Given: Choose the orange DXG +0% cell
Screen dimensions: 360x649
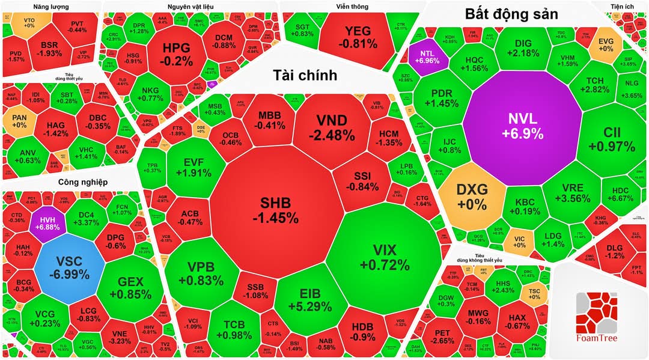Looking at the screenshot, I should click(x=472, y=197).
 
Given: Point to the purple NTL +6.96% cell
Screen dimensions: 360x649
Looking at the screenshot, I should click(x=428, y=55).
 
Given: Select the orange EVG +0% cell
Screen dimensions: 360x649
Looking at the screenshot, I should click(x=606, y=44).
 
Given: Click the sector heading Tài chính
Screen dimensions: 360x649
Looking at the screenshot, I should click(x=305, y=75).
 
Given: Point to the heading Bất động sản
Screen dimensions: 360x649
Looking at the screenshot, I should click(x=511, y=14).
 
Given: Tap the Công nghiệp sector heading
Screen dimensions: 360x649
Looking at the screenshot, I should click(x=82, y=182).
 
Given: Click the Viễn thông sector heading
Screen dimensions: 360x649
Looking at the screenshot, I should click(x=352, y=7).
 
